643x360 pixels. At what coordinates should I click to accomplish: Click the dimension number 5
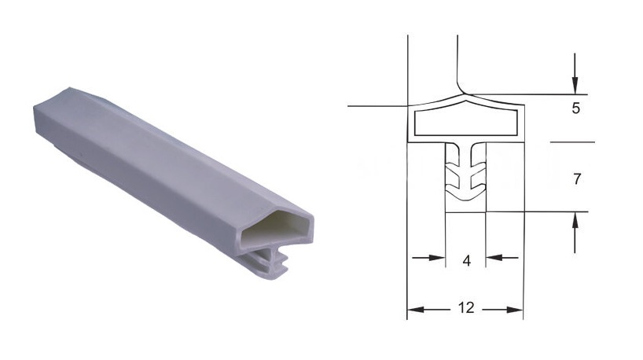coord(575,108)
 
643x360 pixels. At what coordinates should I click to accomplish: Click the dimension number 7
coord(577,178)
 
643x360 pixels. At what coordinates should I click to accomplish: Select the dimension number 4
coord(466,260)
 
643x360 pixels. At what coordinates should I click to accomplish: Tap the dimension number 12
coord(466,307)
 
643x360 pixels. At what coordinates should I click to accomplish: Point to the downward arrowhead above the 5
coord(575,86)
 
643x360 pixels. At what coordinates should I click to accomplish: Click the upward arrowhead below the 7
coord(575,221)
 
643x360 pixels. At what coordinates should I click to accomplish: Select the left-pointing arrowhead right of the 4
coord(494,258)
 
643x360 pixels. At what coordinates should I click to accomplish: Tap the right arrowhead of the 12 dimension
coord(515,310)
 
